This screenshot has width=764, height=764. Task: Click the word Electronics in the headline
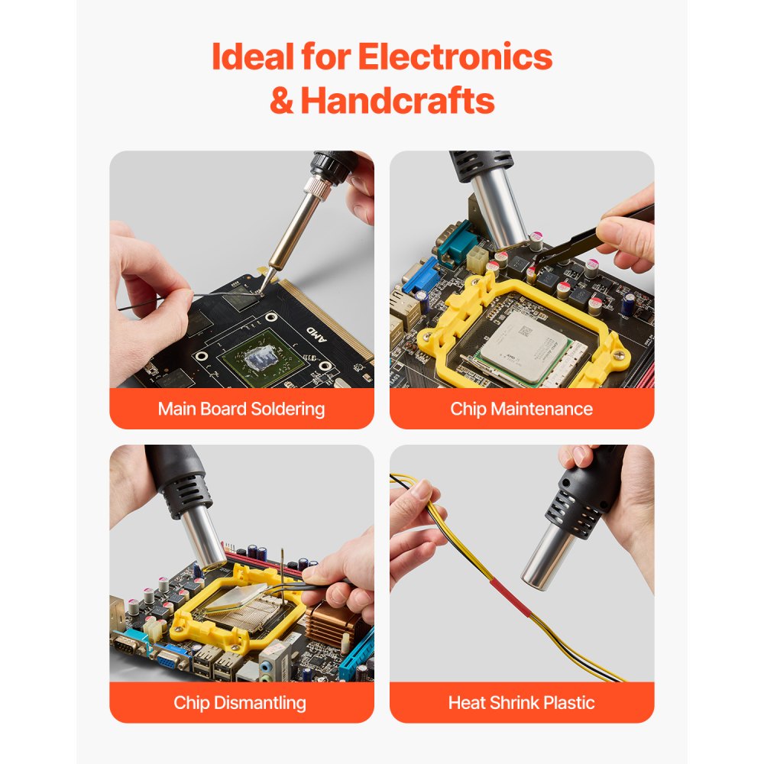(455, 57)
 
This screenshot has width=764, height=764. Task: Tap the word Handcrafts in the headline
(397, 101)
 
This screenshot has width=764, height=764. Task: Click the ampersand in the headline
(281, 101)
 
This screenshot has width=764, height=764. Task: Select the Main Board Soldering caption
(241, 409)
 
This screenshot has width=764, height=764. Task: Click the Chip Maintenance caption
(522, 409)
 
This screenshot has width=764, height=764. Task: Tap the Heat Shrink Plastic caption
(522, 703)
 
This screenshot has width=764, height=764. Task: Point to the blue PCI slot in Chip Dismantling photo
(358, 653)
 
